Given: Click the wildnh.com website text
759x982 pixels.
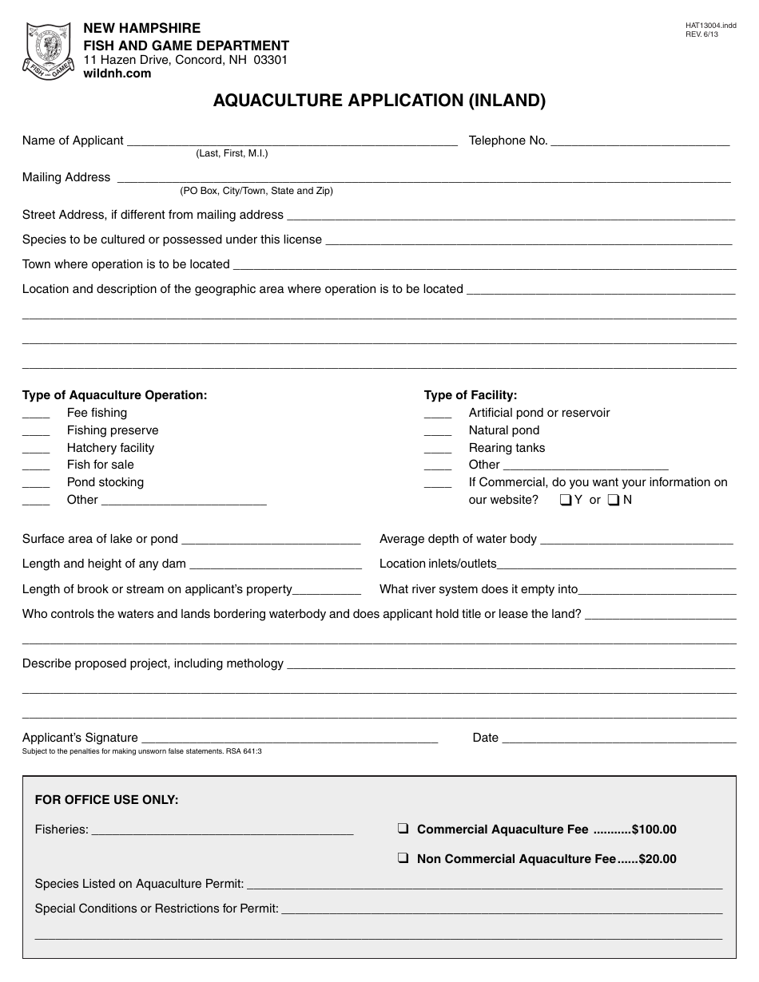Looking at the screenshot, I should [x=117, y=73].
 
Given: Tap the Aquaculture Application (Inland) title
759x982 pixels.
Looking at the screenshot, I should [x=379, y=101].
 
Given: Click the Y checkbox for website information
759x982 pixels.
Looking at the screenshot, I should [x=566, y=501].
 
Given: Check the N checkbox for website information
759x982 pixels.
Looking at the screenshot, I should [x=614, y=501].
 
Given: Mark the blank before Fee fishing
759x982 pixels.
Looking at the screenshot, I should [x=36, y=414].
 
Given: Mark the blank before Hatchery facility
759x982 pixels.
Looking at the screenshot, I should [x=36, y=449].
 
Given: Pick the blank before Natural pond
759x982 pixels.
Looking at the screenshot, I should [x=438, y=431].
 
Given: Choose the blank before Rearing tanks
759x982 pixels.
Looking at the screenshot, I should [x=438, y=449].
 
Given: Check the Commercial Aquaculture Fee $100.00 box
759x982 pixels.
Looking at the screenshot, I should [x=403, y=830].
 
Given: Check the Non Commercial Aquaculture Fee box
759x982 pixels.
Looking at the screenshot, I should [x=403, y=859].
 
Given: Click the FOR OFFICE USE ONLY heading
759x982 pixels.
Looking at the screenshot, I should [x=107, y=800].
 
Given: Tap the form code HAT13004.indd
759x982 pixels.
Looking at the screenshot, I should [x=710, y=26].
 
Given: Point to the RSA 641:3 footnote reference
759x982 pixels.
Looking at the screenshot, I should [x=246, y=751].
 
